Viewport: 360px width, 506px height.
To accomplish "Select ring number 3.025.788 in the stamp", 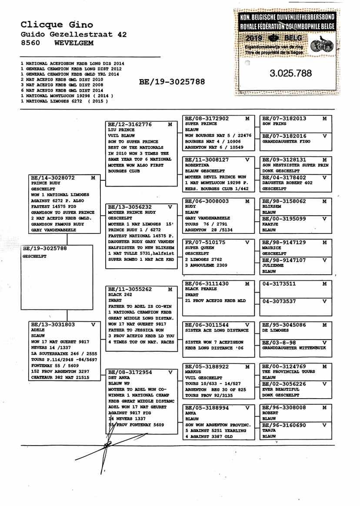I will click(290, 73).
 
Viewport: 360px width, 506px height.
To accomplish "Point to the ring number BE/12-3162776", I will click(130, 124).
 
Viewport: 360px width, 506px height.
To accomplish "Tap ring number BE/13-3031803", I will click(53, 324).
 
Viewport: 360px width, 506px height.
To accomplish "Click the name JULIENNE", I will click(272, 265).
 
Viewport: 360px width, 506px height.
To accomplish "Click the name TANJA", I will click(270, 430).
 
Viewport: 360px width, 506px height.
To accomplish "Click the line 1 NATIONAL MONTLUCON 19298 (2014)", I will click(67, 96).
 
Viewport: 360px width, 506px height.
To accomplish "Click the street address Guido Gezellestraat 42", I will click(73, 34).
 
